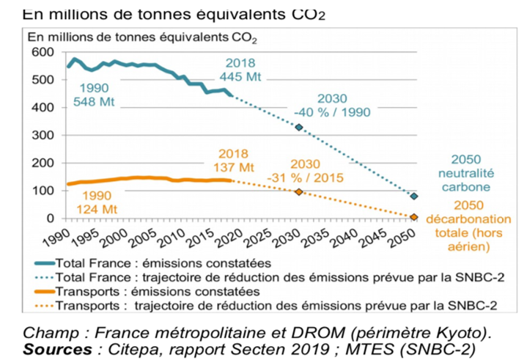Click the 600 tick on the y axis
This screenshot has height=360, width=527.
(45, 52)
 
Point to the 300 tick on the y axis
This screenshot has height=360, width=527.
(45, 136)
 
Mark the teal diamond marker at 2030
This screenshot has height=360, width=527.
(299, 128)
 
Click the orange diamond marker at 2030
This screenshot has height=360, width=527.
(299, 191)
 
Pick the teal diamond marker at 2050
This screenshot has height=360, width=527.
(414, 196)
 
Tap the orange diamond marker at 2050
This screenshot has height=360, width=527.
(414, 217)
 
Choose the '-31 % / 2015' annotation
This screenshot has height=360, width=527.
(314, 171)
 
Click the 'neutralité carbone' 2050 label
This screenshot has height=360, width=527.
(469, 173)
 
